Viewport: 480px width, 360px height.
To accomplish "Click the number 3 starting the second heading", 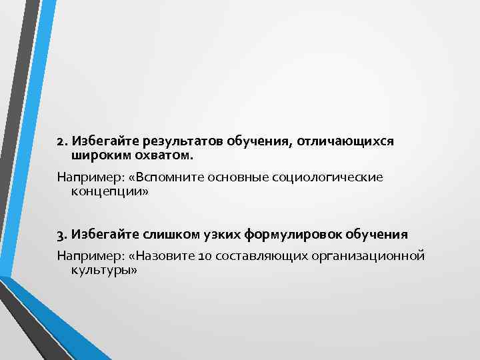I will (60, 235).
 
